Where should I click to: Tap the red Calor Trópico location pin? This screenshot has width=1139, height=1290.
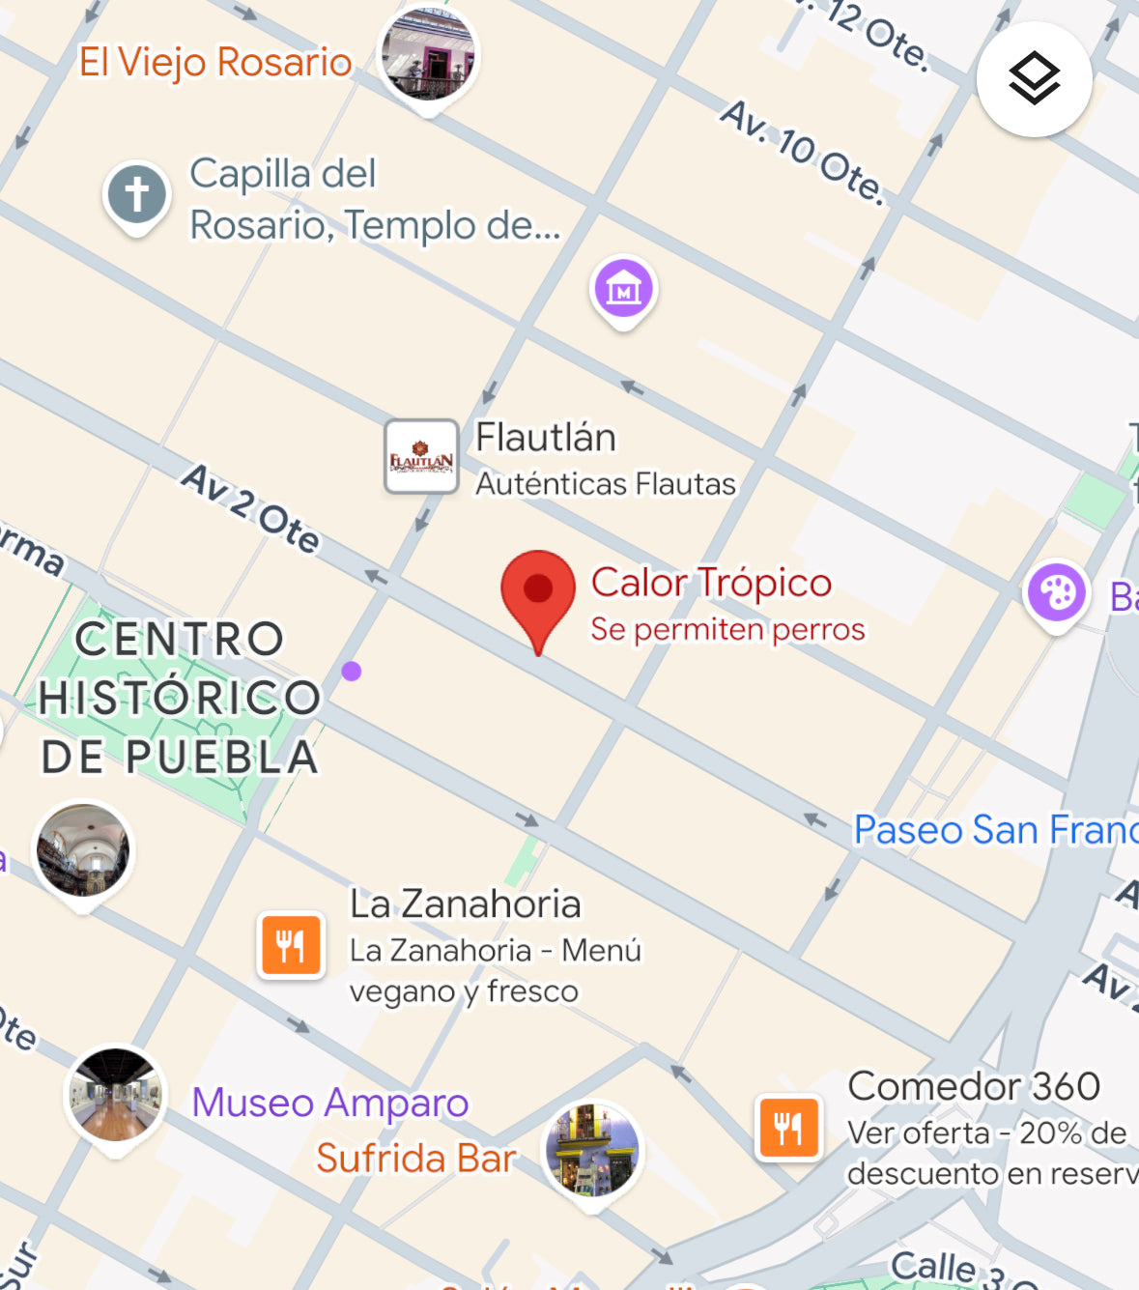[x=538, y=590]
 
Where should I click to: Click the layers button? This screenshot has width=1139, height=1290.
[x=1034, y=79]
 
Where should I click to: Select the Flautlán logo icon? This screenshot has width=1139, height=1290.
[x=421, y=457]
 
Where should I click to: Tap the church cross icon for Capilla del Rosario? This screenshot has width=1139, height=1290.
[x=137, y=194]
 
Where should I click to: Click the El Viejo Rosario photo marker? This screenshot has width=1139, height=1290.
[x=428, y=54]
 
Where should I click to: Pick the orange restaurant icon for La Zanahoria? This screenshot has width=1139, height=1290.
[x=291, y=944]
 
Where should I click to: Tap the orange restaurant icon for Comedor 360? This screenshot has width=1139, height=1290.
[x=789, y=1127]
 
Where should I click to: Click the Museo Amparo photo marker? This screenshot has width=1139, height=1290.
[x=116, y=1095]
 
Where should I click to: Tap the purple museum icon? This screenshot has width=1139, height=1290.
[x=624, y=287]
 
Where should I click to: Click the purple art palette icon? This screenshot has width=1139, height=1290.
[x=1057, y=592]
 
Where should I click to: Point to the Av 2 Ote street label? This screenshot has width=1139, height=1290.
[x=251, y=508]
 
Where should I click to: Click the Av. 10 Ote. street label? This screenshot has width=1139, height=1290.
[x=802, y=151]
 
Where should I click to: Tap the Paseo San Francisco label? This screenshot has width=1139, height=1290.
[x=995, y=830]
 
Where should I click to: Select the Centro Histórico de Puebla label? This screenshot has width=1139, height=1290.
[x=180, y=698]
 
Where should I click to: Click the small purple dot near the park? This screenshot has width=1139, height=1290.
[x=352, y=671]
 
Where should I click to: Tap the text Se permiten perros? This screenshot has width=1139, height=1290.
[x=727, y=629]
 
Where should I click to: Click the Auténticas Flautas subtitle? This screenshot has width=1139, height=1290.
[x=606, y=483]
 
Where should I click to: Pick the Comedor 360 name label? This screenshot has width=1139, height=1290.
[x=974, y=1086]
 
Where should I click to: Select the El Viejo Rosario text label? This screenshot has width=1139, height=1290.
[x=215, y=62]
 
